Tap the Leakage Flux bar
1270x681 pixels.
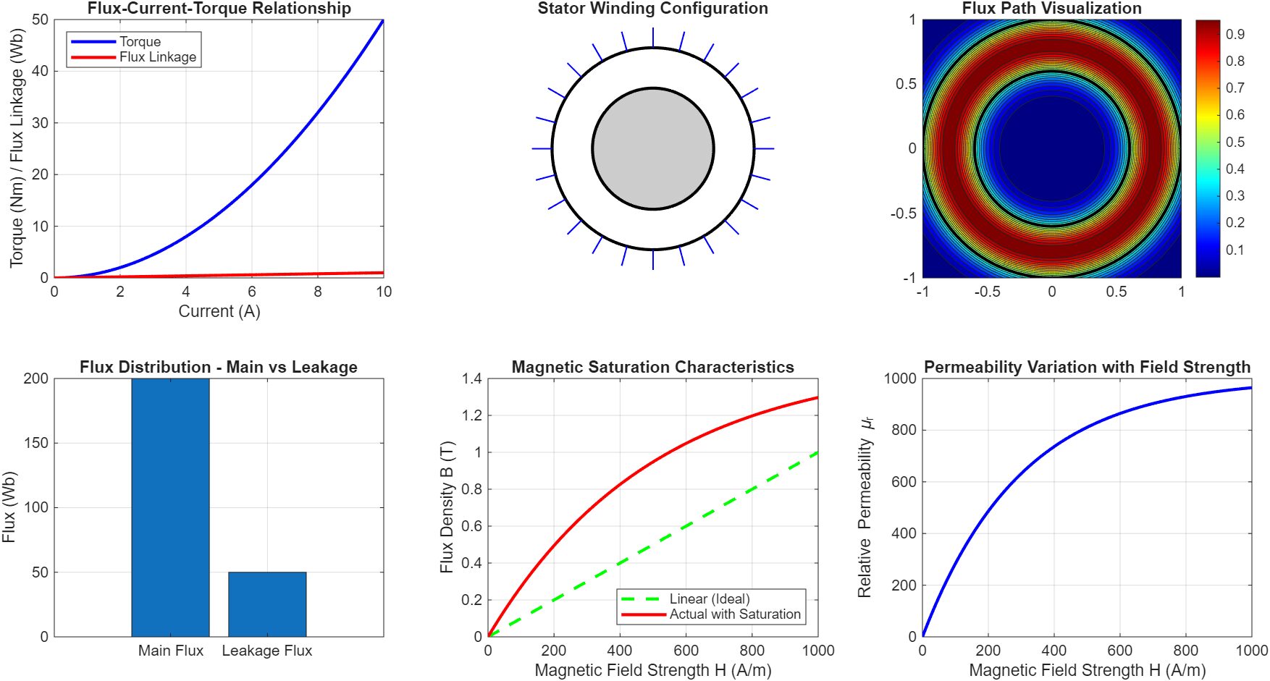coord(267,604)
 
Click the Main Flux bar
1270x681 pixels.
coord(170,507)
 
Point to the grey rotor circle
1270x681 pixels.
coord(653,149)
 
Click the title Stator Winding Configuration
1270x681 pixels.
coord(652,9)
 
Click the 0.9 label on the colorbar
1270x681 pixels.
coord(1235,34)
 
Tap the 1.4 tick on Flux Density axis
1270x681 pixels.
coord(472,378)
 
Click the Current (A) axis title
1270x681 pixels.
coord(219,311)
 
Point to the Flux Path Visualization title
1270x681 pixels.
coord(1051,9)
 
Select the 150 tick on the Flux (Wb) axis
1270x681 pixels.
coord(36,443)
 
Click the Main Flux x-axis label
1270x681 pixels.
coord(171,651)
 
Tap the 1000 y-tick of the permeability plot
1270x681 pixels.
coord(900,378)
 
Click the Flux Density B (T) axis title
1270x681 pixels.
coord(447,507)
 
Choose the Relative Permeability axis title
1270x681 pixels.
coord(865,507)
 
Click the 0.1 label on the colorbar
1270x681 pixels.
coord(1235,250)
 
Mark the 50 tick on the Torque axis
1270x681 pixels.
coord(41,20)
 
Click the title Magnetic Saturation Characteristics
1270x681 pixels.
coord(652,367)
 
